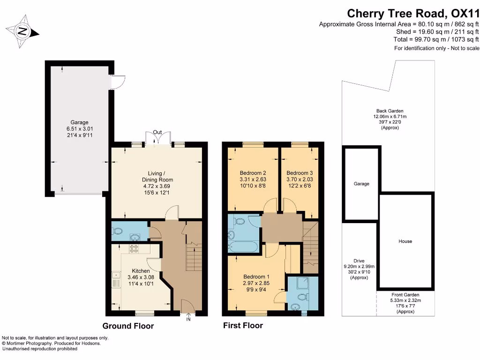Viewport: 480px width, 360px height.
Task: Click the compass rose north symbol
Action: pos(22,31)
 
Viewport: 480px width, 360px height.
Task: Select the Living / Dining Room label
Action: pos(157,180)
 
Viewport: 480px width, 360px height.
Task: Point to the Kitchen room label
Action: pos(141,271)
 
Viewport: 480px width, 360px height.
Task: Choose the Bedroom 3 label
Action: pos(299,173)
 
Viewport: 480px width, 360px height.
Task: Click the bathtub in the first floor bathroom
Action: pos(242,247)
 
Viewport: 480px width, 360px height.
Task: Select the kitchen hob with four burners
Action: pos(135,248)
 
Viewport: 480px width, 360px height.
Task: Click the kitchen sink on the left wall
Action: pos(115,280)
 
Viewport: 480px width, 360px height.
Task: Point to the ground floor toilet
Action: pos(118,231)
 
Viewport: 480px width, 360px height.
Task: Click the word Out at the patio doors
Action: pos(157,133)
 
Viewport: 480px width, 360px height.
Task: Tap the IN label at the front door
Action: pos(188,320)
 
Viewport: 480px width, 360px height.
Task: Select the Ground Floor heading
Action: pos(128,326)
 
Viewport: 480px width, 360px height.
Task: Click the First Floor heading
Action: pos(243,325)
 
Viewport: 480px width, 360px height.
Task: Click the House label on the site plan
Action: pos(405,241)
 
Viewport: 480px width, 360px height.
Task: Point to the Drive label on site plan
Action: pos(359,261)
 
